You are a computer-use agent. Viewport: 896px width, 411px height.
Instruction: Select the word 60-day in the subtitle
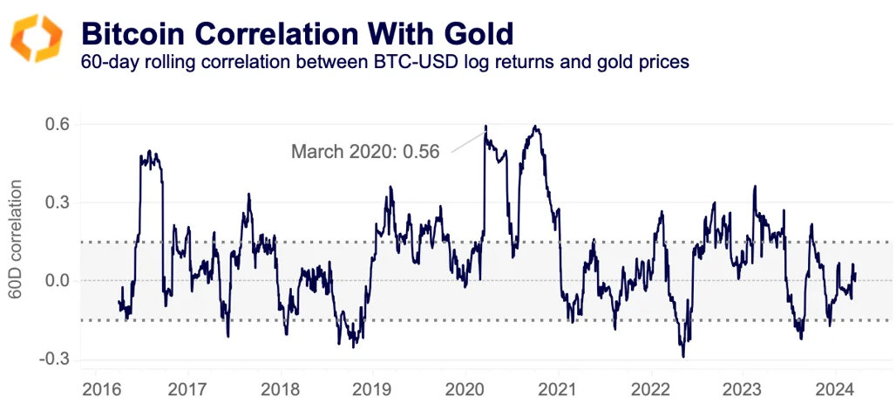[107, 63]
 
